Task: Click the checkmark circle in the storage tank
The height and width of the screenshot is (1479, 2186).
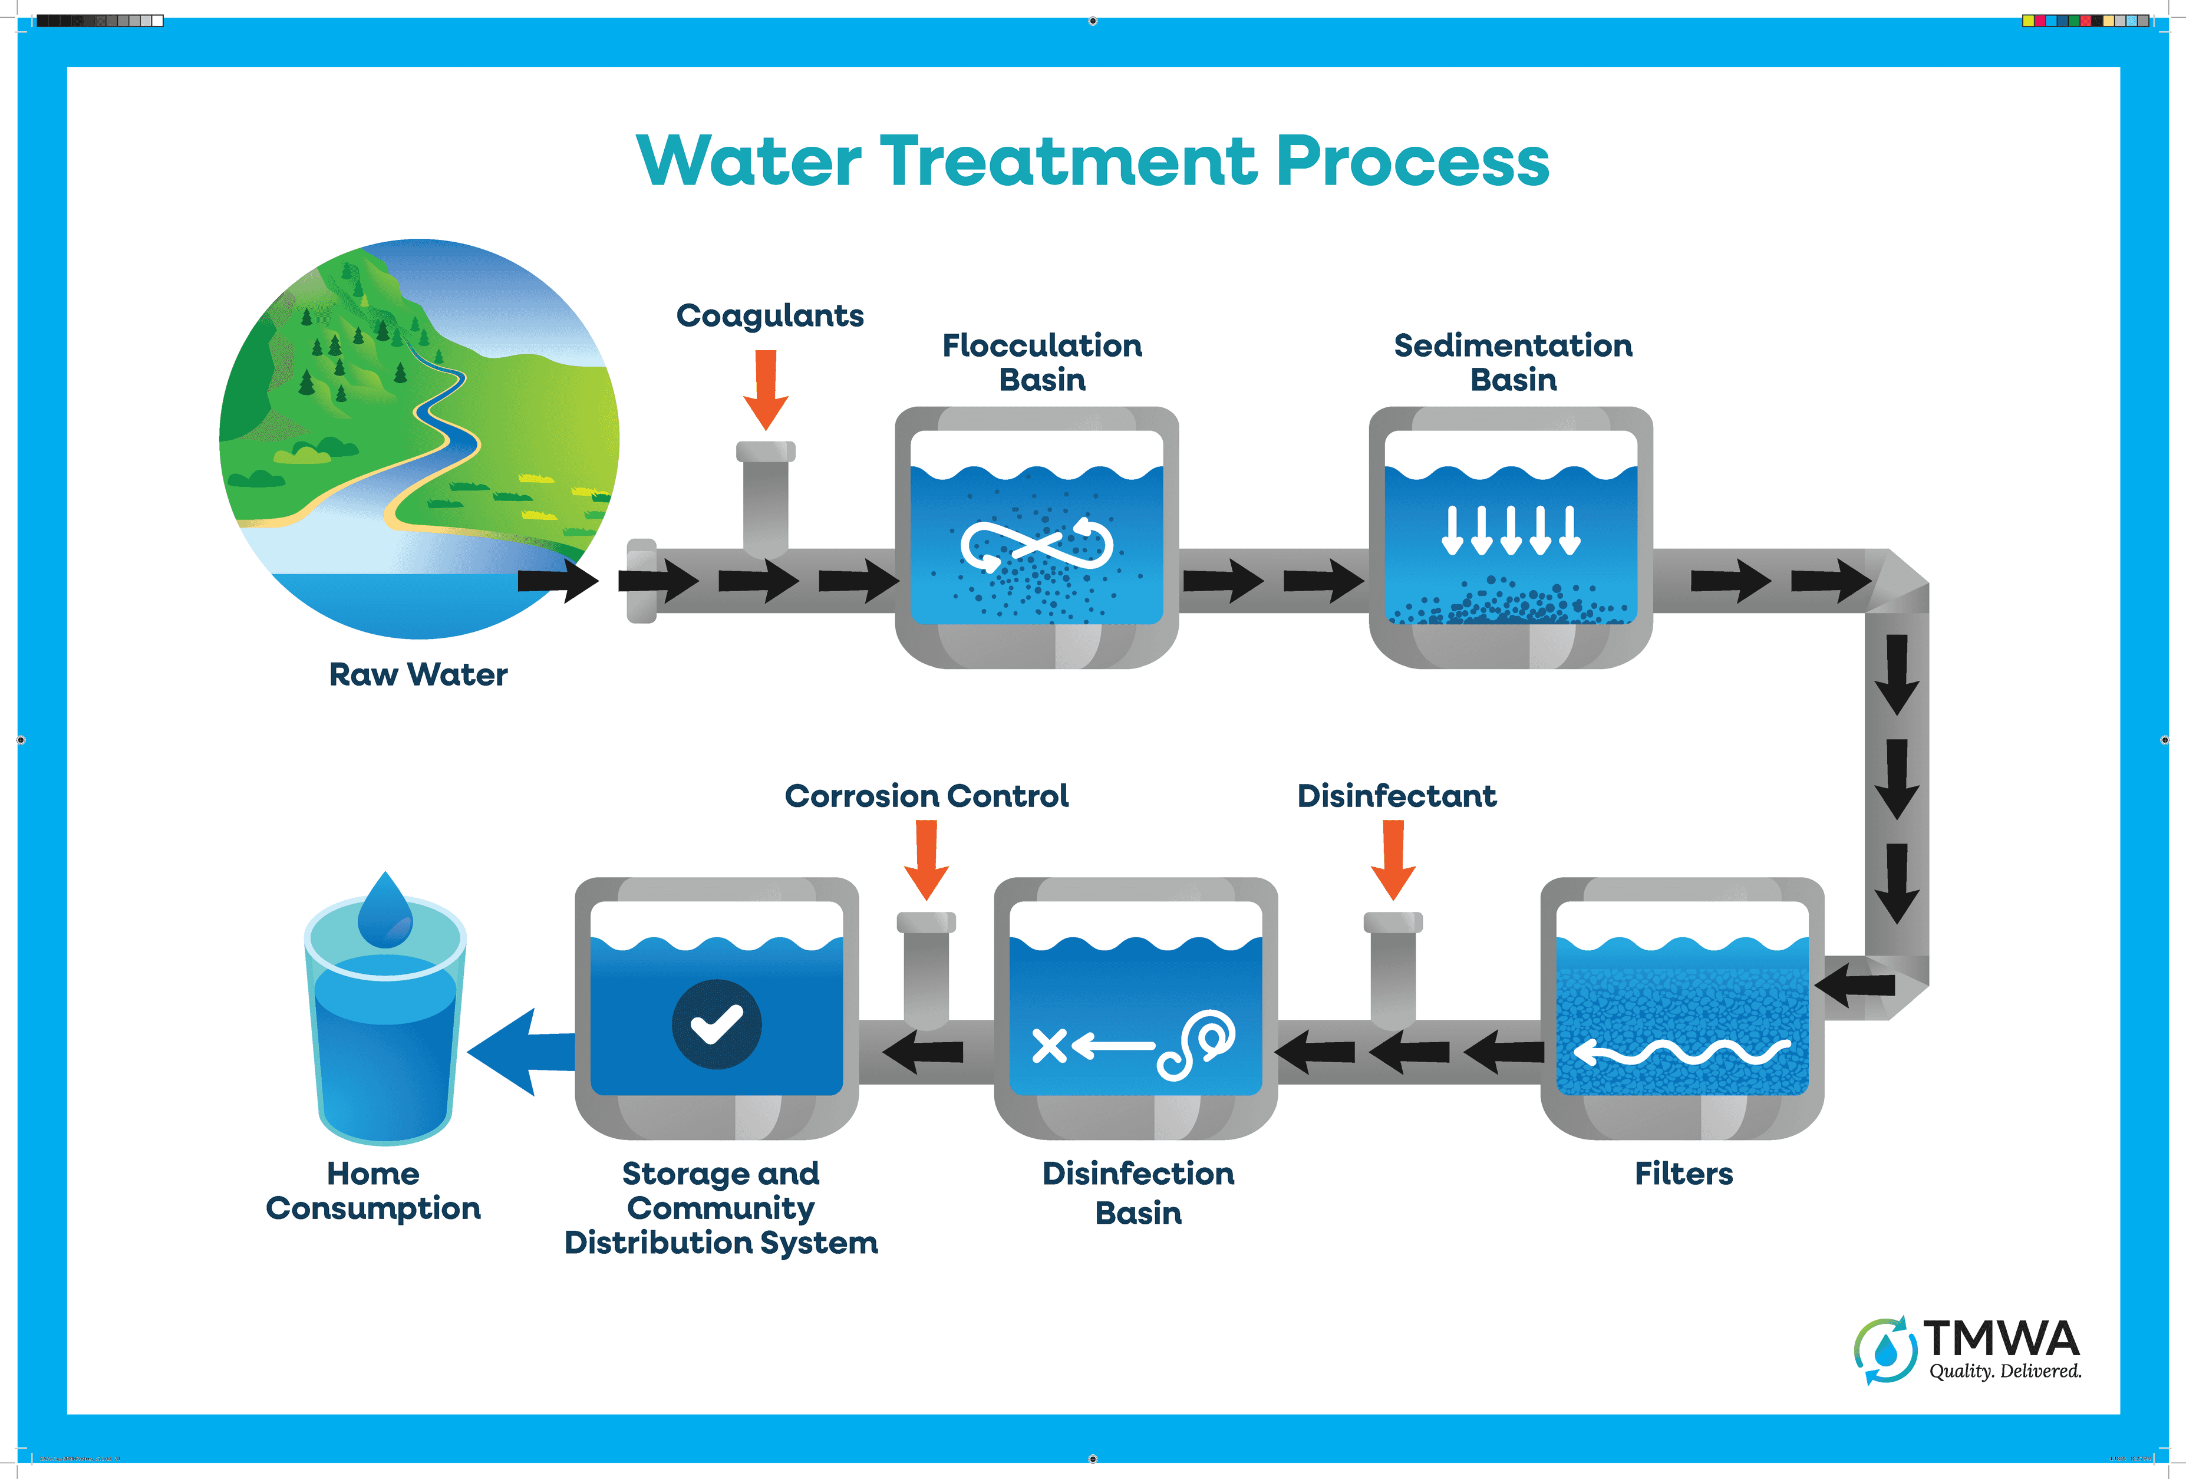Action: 717,1024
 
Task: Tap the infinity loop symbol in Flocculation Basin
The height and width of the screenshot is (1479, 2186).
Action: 1037,545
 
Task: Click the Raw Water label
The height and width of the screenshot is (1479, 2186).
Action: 418,674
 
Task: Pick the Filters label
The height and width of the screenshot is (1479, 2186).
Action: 1683,1173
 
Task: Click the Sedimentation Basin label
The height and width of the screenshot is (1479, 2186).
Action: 1512,362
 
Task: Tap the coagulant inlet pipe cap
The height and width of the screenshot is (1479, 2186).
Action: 766,452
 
